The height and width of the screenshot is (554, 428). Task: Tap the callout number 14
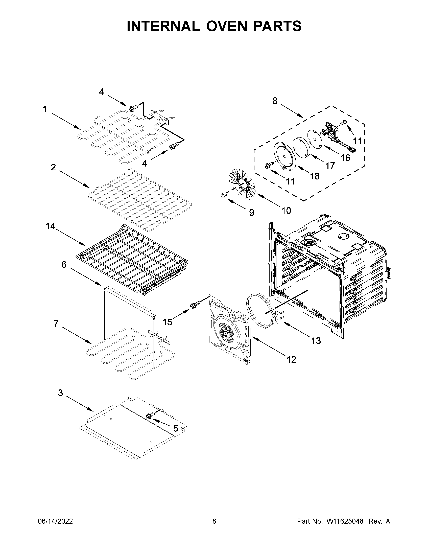coord(51,226)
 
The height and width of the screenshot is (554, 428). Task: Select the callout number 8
coord(275,101)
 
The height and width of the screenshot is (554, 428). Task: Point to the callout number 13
coord(316,341)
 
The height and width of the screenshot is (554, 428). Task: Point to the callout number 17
coord(330,166)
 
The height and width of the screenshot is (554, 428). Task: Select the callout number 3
coord(60,393)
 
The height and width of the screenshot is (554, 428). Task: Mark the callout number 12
coord(292,359)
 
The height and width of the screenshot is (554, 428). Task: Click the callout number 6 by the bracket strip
coord(64,265)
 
